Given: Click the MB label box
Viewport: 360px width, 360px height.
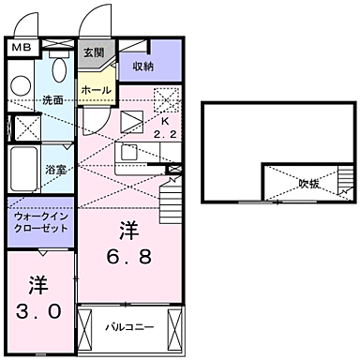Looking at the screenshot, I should [x=21, y=45].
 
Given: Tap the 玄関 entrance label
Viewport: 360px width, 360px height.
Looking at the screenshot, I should [x=93, y=52].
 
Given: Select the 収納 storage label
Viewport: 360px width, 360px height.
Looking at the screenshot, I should [x=142, y=67].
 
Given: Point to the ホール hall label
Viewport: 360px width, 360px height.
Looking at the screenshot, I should [x=97, y=91].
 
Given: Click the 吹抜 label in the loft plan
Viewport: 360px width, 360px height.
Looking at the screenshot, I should [x=309, y=184].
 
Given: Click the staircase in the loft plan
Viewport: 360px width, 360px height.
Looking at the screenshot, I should [x=347, y=192].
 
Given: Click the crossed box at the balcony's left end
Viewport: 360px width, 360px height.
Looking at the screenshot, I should [x=87, y=329].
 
